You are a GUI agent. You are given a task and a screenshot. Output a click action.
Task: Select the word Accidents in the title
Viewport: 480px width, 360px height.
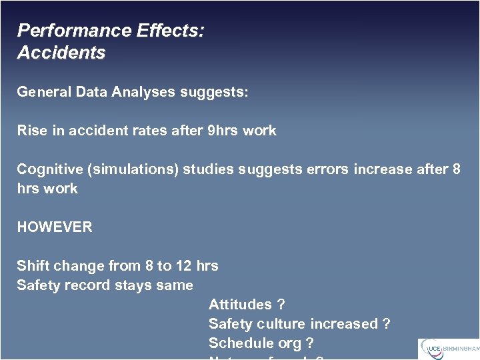(x=61, y=53)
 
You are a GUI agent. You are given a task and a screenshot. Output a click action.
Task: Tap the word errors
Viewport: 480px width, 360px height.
(x=328, y=169)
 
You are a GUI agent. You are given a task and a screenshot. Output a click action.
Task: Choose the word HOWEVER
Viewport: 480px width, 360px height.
(x=55, y=227)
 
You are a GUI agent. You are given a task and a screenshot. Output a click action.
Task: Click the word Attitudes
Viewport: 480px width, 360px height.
(x=240, y=305)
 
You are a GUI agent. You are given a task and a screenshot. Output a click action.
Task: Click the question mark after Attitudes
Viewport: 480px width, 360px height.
(x=281, y=305)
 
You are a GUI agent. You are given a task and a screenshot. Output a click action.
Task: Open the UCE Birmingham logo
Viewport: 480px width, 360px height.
(x=448, y=349)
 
